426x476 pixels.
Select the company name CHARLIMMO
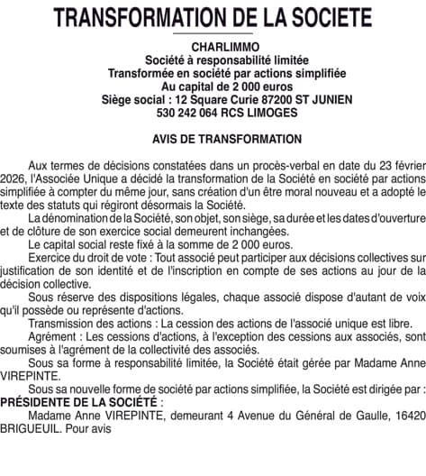tap(213, 46)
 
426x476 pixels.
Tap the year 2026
tap(15, 180)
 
